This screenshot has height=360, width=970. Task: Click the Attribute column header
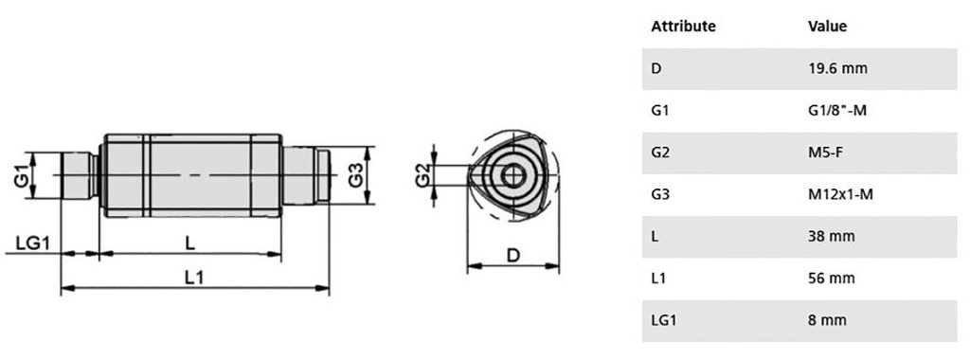[683, 27]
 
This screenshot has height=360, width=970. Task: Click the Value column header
[827, 27]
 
